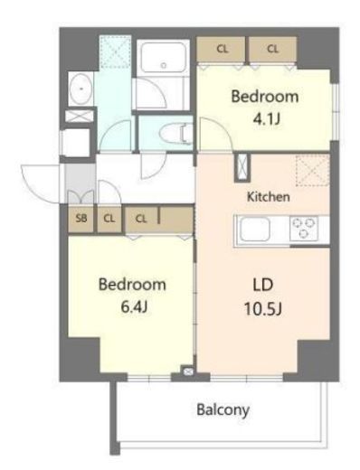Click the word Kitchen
click(x=269, y=195)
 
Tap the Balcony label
click(x=223, y=409)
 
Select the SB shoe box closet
click(x=81, y=217)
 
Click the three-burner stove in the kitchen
click(x=308, y=230)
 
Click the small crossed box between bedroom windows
click(x=188, y=371)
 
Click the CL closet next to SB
click(x=108, y=217)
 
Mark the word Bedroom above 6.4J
click(x=132, y=284)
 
